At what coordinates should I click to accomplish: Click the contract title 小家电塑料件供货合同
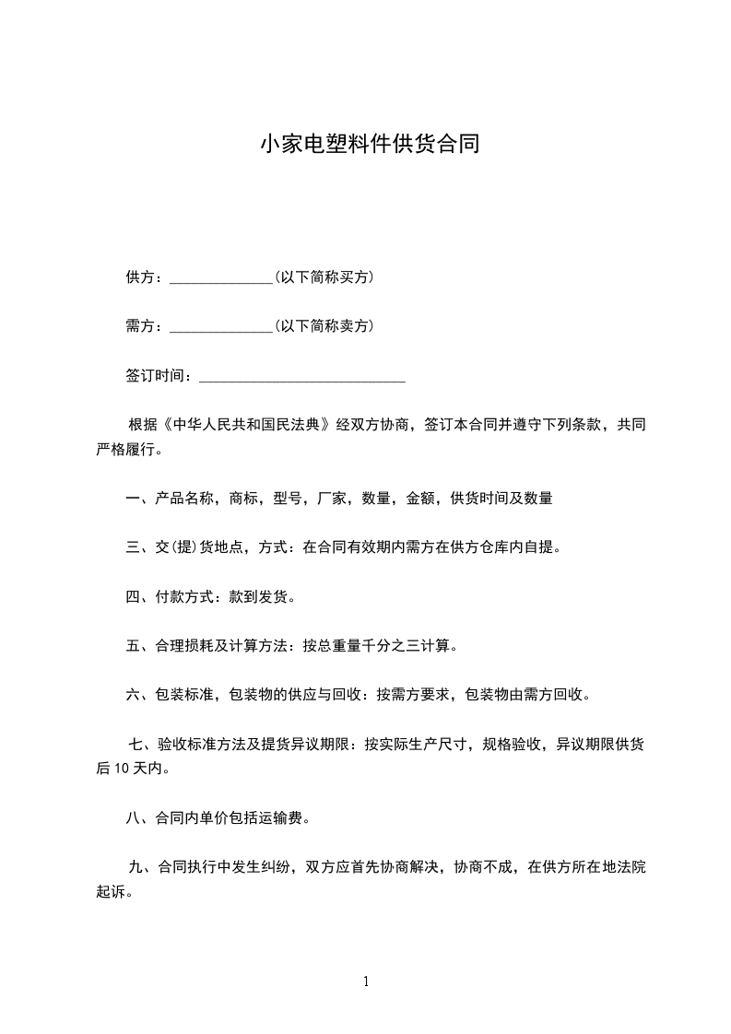point(369,145)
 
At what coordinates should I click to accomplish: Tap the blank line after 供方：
point(221,277)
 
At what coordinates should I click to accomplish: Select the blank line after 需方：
point(221,326)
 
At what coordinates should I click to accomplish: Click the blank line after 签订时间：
point(302,376)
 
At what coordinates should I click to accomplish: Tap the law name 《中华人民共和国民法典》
point(246,426)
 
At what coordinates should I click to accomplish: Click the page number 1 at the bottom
point(366,982)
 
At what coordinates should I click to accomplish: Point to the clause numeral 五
point(132,647)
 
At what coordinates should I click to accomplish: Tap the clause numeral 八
point(132,817)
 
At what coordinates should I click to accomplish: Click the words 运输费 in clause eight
point(288,817)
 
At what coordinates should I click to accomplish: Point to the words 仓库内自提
point(517,547)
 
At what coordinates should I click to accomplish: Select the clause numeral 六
point(132,696)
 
